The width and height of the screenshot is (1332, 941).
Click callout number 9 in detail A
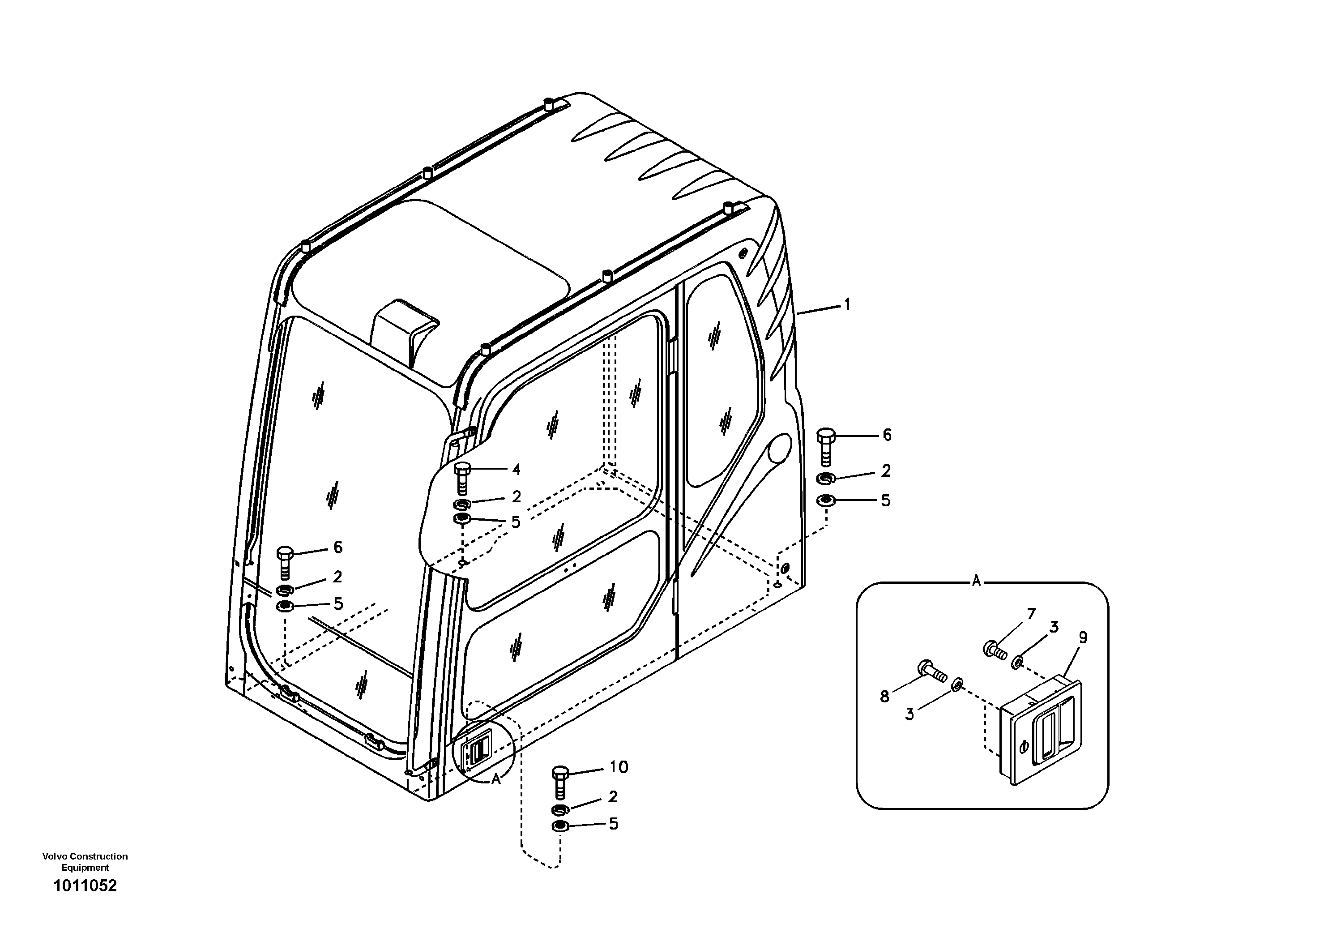1083,637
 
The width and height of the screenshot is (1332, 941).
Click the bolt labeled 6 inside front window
284,561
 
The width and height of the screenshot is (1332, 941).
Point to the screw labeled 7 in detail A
995,649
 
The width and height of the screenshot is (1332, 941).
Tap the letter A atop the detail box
976,581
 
